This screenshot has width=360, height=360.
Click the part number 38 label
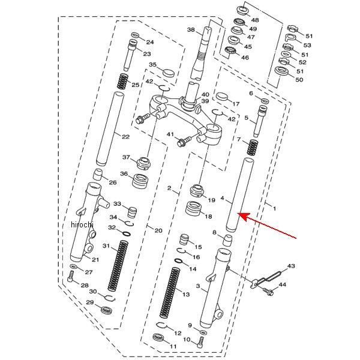(x=191, y=30)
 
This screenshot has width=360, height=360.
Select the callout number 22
(x=125, y=137)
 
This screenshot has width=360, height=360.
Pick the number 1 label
(x=275, y=208)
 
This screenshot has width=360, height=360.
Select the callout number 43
(x=292, y=266)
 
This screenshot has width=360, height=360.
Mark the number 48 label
(x=254, y=20)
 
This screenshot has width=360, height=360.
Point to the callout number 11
(x=173, y=346)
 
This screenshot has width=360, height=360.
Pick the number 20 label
(x=158, y=230)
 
